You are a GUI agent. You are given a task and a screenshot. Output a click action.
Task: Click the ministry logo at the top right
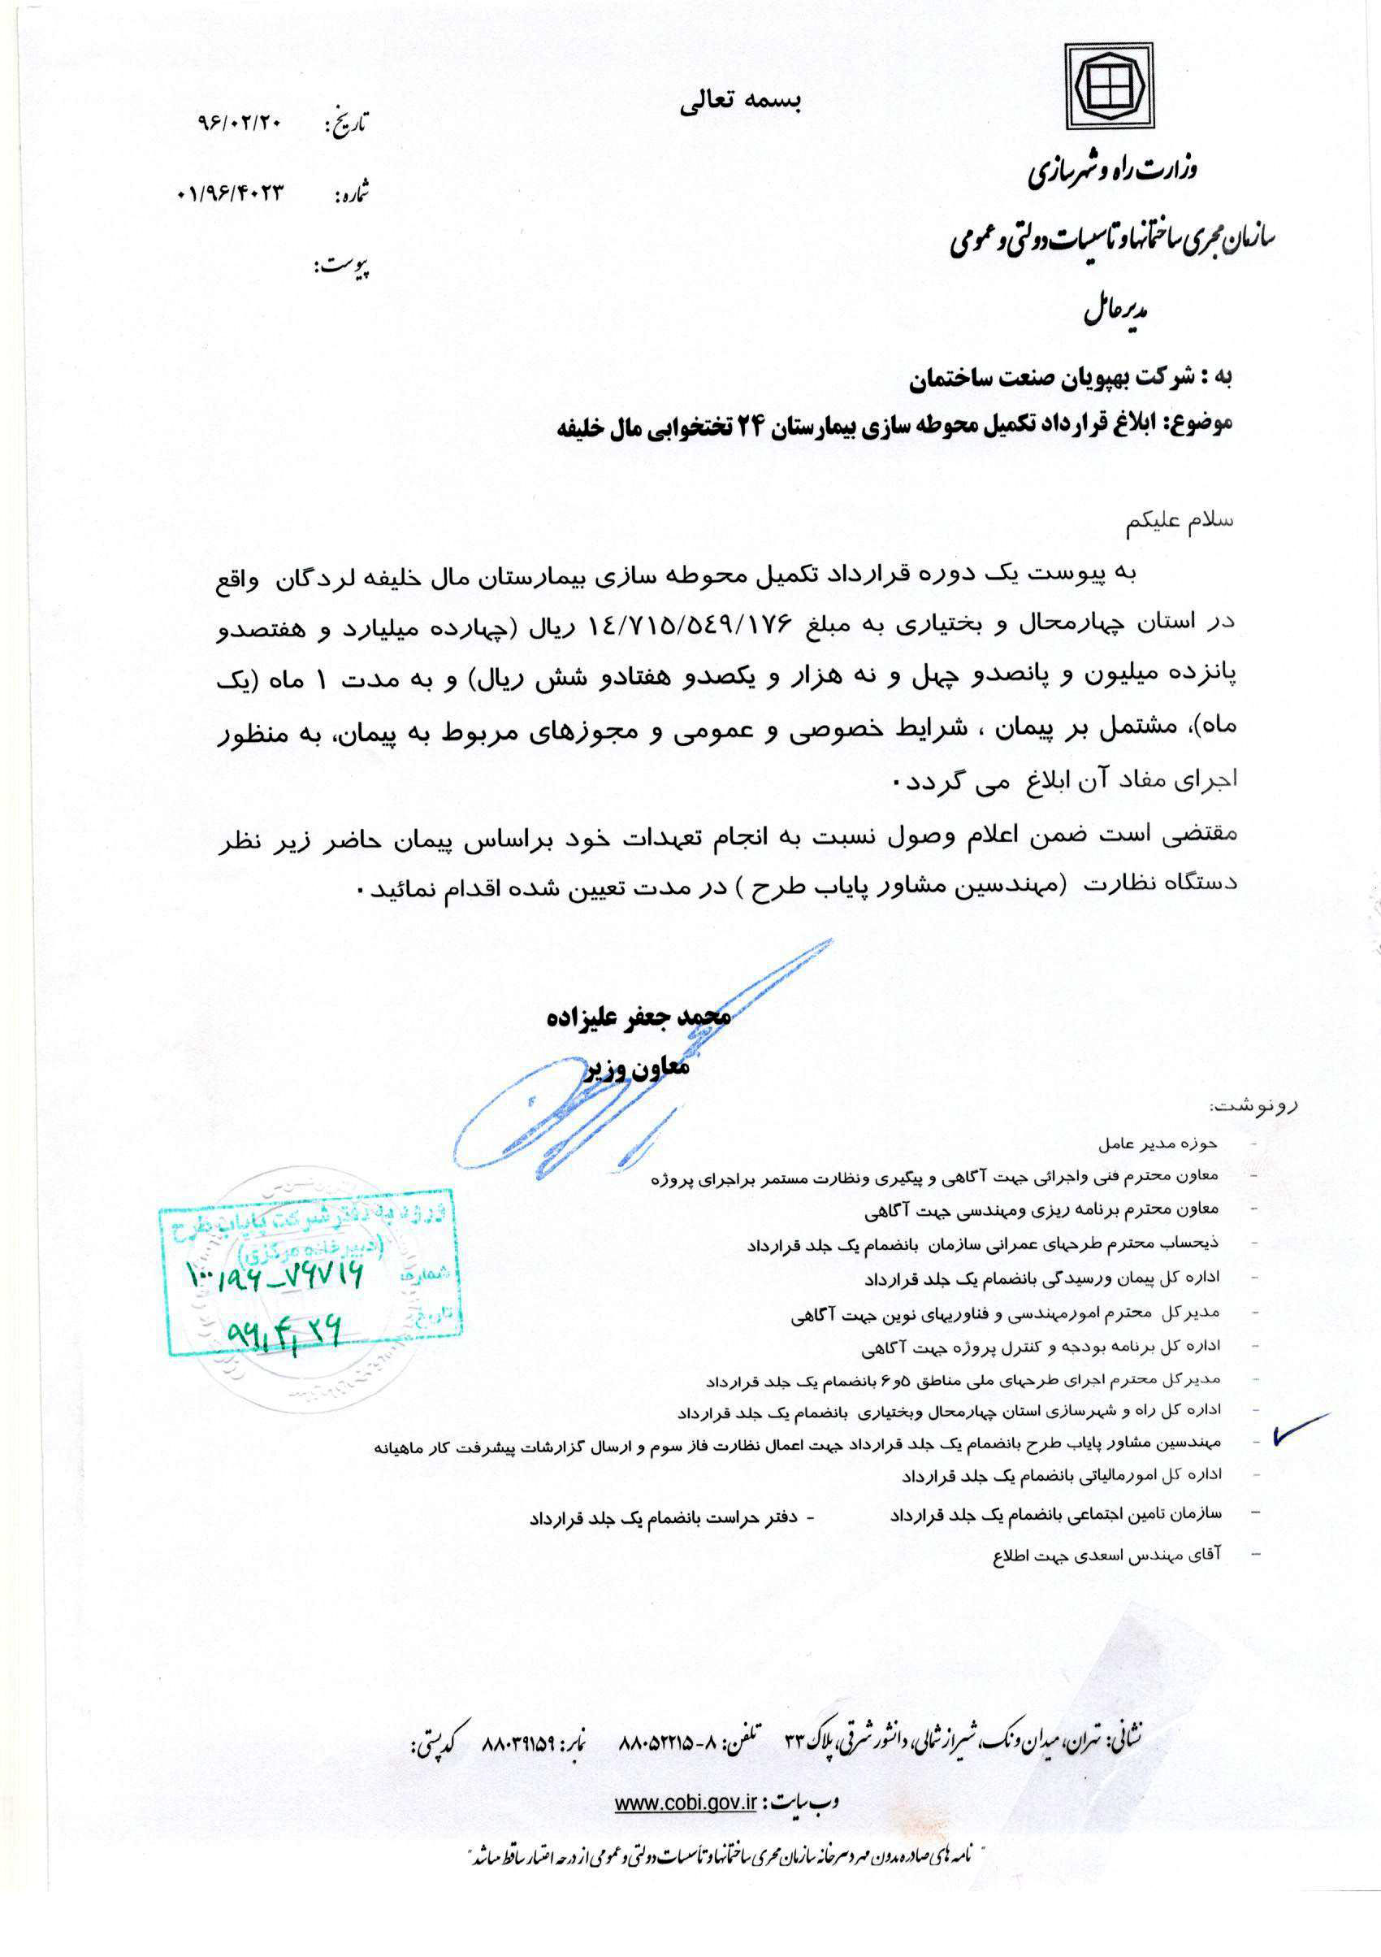click(1110, 87)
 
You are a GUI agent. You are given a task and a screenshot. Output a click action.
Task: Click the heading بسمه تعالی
click(740, 102)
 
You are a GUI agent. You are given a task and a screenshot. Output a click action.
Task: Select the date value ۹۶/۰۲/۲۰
click(239, 123)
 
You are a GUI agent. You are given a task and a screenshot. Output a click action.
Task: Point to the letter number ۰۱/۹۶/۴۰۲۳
click(230, 193)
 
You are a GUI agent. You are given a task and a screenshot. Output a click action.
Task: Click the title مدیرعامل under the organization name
click(1115, 312)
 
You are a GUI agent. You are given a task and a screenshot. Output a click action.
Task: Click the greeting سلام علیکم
click(1179, 520)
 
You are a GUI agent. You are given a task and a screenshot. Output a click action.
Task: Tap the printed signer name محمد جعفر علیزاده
click(639, 1017)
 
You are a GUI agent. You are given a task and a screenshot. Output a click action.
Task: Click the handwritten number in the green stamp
click(275, 1275)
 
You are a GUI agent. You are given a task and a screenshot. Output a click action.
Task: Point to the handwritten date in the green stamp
click(284, 1331)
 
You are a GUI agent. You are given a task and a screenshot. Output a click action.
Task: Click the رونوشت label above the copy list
click(1253, 1106)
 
